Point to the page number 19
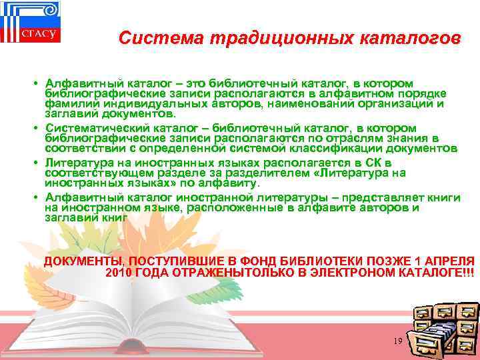pos(398,341)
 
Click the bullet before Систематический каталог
pos(33,127)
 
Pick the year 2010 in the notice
pos(119,273)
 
